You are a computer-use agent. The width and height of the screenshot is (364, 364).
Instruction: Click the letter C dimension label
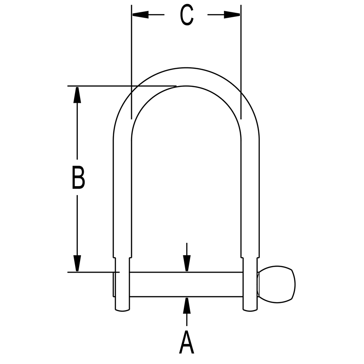click(187, 15)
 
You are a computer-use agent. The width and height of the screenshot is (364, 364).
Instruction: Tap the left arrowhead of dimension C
click(139, 15)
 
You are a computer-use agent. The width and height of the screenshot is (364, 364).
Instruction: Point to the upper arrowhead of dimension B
click(77, 95)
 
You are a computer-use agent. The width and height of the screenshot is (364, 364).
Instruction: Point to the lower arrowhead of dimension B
click(77, 263)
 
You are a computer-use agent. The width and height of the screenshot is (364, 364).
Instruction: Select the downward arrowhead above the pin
click(187, 263)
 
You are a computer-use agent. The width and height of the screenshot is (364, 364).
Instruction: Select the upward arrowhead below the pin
click(187, 305)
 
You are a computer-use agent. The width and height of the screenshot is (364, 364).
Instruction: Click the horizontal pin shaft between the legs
click(187, 284)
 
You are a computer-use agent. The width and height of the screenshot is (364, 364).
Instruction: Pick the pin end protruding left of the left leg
click(113, 284)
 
